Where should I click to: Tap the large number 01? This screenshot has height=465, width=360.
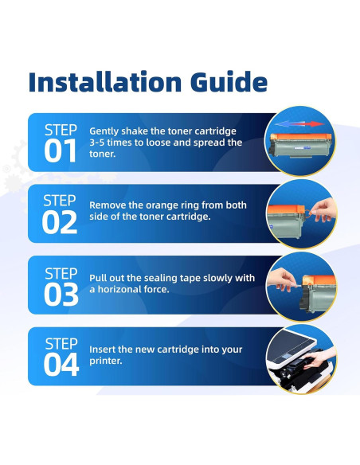click(61, 151)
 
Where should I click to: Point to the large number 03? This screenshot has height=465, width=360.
click(61, 295)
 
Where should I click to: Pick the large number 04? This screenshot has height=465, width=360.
click(61, 365)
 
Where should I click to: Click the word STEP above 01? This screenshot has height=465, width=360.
click(61, 129)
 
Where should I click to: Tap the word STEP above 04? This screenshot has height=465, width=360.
click(61, 343)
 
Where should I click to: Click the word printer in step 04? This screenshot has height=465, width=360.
click(108, 361)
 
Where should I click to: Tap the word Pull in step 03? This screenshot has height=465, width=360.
click(99, 278)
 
